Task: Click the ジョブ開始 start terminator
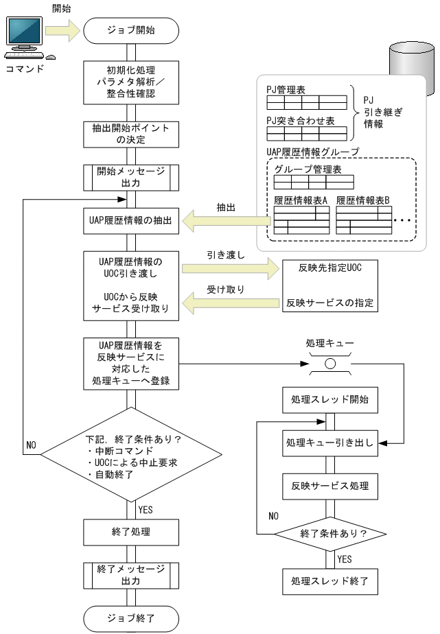pos(131,30)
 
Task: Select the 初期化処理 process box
pos(131,81)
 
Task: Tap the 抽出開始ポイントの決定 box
pos(131,134)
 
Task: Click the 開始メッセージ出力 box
pos(131,177)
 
